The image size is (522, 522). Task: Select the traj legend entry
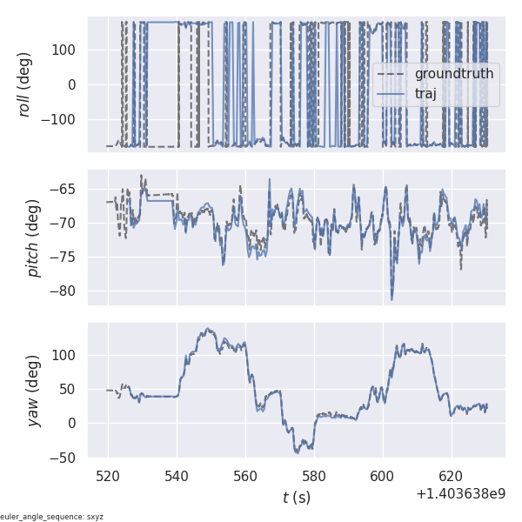pos(425,94)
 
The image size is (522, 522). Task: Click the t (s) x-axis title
pos(297,498)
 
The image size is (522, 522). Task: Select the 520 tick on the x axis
pos(109,477)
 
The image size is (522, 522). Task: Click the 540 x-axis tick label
pos(177,477)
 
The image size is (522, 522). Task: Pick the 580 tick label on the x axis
pos(314,477)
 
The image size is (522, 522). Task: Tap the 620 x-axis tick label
pos(452,477)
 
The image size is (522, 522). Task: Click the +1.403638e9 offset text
pos(461,494)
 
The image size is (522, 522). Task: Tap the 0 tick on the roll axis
pos(76,85)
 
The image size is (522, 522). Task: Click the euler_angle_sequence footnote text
pos(52,517)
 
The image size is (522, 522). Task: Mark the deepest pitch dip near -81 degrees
pos(391,299)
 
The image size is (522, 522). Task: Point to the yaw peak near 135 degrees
pos(208,330)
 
